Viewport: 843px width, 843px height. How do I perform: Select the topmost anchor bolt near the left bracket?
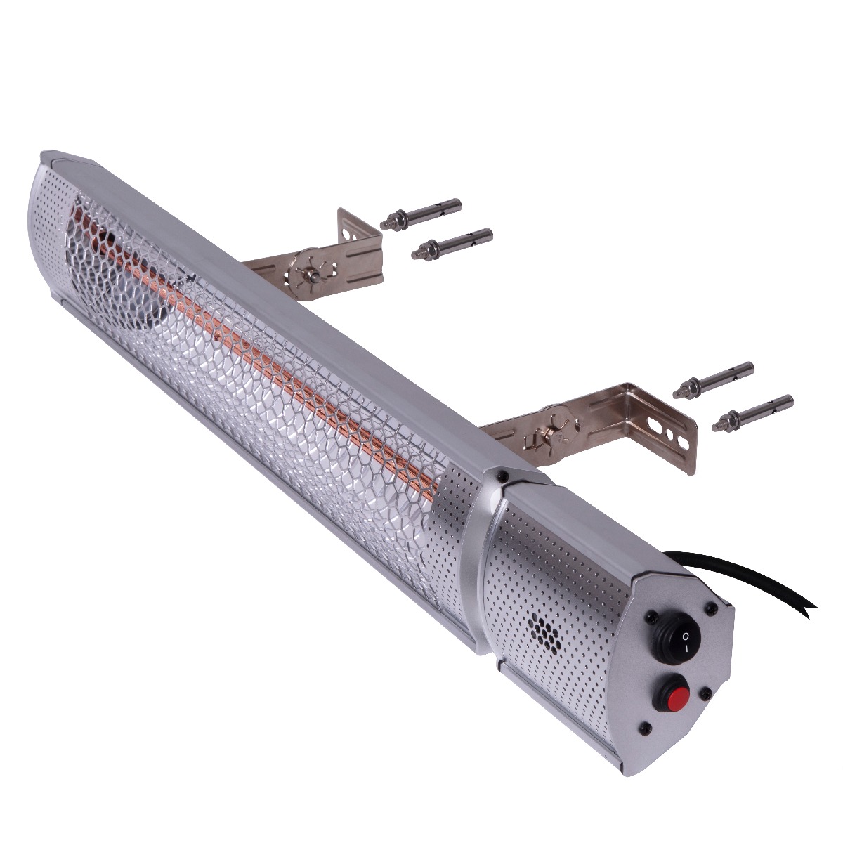(421, 212)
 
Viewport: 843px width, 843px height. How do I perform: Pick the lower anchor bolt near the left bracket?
(452, 241)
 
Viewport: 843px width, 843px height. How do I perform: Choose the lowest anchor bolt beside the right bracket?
(752, 413)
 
